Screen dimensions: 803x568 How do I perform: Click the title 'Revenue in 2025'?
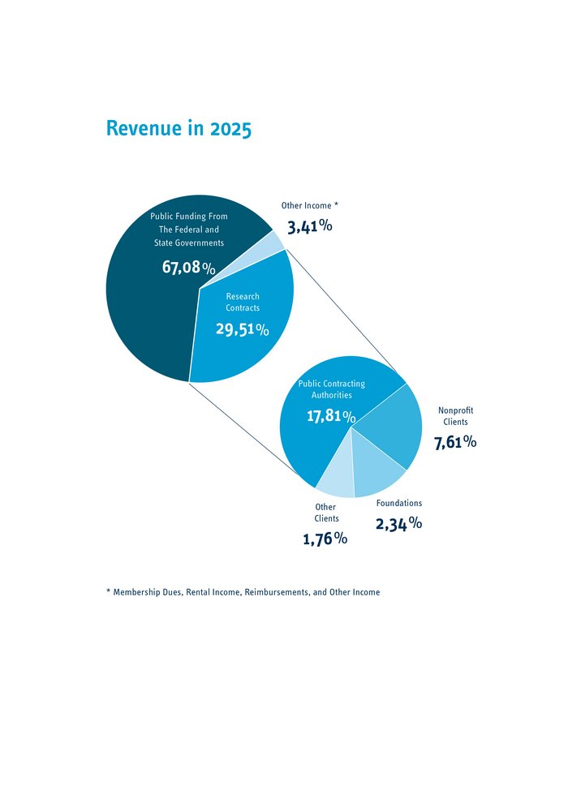point(179,129)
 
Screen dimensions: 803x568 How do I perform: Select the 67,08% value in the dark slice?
point(188,268)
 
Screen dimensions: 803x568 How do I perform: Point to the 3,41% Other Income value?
point(309,226)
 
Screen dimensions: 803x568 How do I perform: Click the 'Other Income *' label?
point(309,206)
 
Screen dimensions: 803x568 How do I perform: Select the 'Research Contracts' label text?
point(243,303)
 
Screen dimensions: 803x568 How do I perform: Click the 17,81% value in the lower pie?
point(330,417)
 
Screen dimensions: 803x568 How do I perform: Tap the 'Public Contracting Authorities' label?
point(332,389)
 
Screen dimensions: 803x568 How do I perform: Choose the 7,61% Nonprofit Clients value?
point(455,442)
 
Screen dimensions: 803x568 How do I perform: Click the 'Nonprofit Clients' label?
point(455,416)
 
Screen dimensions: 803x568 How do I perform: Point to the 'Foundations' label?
point(399,503)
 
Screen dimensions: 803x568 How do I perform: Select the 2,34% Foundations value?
point(398,524)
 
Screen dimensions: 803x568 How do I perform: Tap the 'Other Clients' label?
point(326,513)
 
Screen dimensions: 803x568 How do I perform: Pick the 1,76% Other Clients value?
point(325,539)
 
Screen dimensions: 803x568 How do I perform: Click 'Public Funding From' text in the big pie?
point(189,217)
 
